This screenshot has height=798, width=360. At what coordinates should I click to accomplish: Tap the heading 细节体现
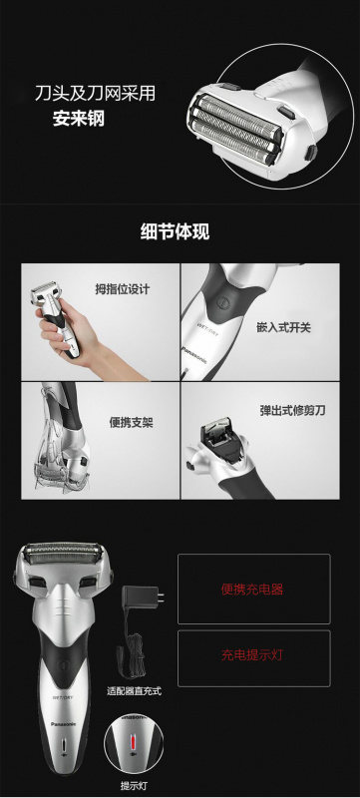[x=180, y=233]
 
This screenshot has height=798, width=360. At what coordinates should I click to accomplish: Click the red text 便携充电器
[x=252, y=589]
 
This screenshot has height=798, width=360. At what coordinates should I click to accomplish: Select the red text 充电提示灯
[x=252, y=656]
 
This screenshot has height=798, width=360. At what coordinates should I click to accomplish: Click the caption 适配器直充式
[x=133, y=690]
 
